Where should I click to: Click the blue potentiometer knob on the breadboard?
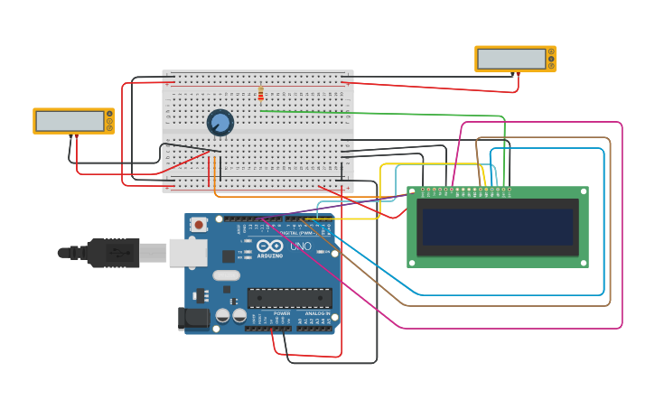click(220, 122)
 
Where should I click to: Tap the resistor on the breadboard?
click(261, 93)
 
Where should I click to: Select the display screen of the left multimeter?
click(70, 121)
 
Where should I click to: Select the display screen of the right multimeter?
click(511, 59)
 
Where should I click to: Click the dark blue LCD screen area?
click(497, 227)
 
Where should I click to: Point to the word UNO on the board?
click(301, 246)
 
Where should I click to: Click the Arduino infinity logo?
click(269, 246)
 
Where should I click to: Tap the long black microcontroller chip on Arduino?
click(289, 298)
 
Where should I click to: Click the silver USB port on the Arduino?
click(187, 253)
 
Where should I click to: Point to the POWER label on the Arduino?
click(269, 313)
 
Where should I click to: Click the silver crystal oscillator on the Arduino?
click(227, 275)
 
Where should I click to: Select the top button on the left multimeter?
click(109, 114)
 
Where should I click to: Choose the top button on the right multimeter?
click(551, 51)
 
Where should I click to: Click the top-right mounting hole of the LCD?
click(583, 192)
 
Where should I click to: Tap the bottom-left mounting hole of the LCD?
click(413, 262)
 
